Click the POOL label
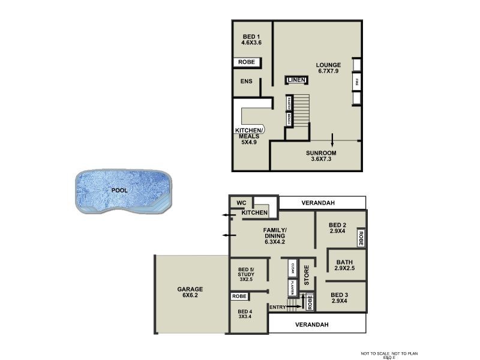119,190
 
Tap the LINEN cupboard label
296,80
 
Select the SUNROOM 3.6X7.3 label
320,156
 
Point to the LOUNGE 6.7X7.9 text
329,68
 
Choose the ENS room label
247,82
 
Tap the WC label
242,202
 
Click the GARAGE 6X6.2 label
190,292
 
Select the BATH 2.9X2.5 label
345,265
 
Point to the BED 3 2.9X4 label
338,298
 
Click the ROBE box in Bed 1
247,62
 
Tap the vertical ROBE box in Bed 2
361,238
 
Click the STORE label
306,276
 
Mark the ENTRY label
278,307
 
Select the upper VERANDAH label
317,203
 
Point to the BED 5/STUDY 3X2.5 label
246,273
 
